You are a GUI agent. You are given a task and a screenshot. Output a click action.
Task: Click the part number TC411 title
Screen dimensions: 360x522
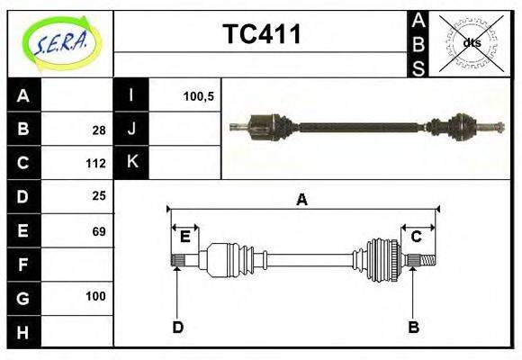(262, 35)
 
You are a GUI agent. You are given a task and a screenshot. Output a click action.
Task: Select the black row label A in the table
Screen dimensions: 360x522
(23, 95)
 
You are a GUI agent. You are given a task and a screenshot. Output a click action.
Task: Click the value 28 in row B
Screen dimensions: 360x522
(99, 130)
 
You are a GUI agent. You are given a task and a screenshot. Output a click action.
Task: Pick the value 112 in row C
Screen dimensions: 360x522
(96, 164)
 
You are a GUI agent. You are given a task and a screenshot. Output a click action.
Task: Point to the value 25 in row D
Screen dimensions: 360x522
(99, 195)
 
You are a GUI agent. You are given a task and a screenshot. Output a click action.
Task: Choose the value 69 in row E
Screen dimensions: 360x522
(99, 231)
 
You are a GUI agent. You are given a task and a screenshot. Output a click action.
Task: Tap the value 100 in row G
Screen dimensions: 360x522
(96, 296)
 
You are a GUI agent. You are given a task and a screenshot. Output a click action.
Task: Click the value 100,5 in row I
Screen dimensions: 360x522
(197, 95)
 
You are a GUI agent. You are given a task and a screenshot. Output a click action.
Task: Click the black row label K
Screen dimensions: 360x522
(131, 163)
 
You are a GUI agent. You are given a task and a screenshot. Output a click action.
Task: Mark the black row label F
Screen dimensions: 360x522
(23, 265)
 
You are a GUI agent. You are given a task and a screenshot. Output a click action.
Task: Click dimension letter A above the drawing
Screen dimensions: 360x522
(302, 200)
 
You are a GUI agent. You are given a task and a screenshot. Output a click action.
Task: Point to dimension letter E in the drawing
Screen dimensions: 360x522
(184, 237)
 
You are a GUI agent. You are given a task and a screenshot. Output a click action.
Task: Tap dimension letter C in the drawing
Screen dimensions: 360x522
(416, 237)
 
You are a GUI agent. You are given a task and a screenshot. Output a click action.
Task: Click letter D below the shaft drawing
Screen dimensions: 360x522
(177, 327)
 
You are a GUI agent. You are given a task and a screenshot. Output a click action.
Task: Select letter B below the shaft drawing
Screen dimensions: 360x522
(413, 327)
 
